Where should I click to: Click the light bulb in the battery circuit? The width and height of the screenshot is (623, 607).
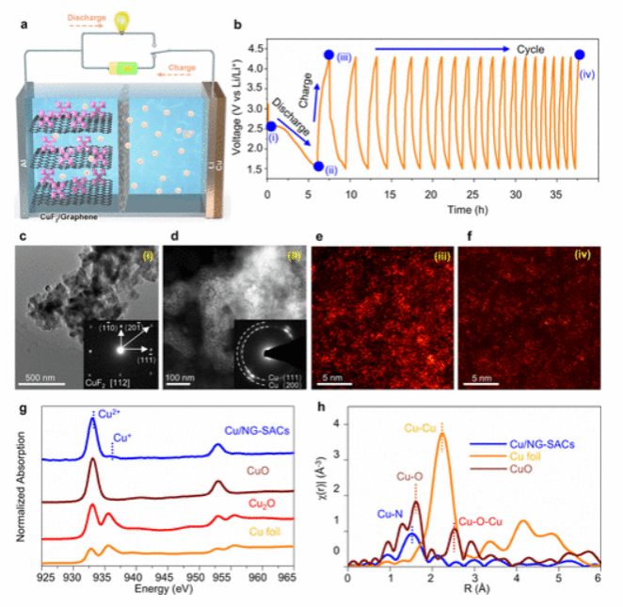tap(120, 19)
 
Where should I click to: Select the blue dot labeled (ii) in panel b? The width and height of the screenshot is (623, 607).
tap(318, 166)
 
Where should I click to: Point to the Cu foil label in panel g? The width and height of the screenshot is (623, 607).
tap(264, 532)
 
